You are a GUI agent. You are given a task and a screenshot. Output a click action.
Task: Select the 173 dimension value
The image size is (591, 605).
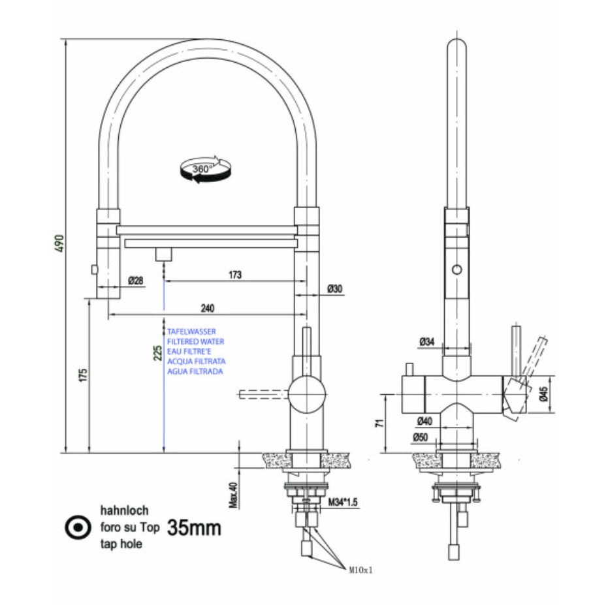coord(234,275)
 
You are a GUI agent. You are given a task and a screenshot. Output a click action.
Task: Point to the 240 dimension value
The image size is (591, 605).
coord(207,308)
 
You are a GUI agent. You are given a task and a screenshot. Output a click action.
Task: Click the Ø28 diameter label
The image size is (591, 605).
coord(136,281)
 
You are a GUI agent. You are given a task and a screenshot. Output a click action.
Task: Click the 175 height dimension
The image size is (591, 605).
coord(81,375)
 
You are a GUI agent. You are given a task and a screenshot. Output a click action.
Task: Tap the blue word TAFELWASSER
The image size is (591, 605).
coord(191,332)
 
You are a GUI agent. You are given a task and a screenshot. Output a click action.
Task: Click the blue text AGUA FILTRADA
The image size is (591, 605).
coord(195,371)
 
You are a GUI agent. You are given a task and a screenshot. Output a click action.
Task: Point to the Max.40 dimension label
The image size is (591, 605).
coord(233,494)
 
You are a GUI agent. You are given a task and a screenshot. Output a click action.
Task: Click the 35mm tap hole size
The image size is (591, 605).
coord(194,527)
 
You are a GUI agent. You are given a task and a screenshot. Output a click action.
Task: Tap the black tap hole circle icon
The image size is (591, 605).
coord(78,527)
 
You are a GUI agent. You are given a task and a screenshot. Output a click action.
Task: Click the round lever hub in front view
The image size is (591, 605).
coord(306,394)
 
